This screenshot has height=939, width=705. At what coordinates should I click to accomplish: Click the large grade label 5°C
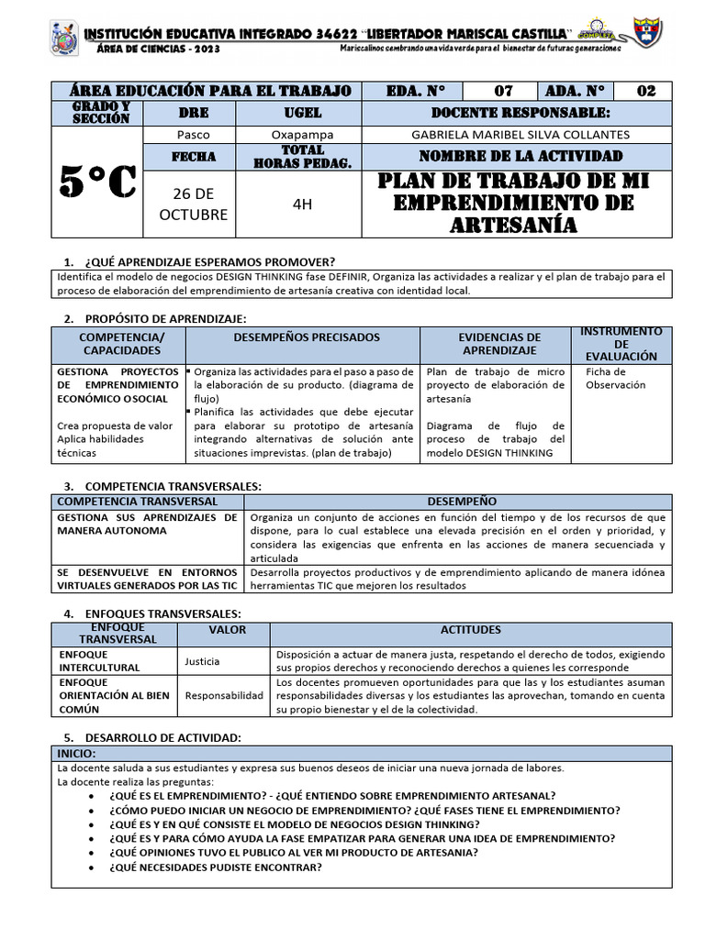click(97, 182)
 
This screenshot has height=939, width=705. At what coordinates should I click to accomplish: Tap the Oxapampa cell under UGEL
click(298, 134)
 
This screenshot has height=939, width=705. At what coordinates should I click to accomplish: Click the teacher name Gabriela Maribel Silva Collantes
click(516, 134)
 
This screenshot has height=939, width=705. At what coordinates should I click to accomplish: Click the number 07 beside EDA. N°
click(503, 91)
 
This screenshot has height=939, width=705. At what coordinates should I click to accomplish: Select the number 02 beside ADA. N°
click(645, 91)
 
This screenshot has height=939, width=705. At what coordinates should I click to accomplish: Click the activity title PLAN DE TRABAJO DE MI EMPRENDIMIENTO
click(514, 203)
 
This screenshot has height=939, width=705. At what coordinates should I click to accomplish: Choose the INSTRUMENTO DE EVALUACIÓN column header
click(621, 343)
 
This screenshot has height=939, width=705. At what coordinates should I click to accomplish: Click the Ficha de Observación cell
click(616, 378)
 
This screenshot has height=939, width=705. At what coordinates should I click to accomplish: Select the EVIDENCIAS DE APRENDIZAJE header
click(499, 344)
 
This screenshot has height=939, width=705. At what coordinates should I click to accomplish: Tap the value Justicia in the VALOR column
click(202, 660)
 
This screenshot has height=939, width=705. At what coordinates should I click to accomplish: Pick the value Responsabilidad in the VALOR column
click(224, 695)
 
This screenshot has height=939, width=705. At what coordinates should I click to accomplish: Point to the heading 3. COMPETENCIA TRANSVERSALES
click(162, 486)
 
